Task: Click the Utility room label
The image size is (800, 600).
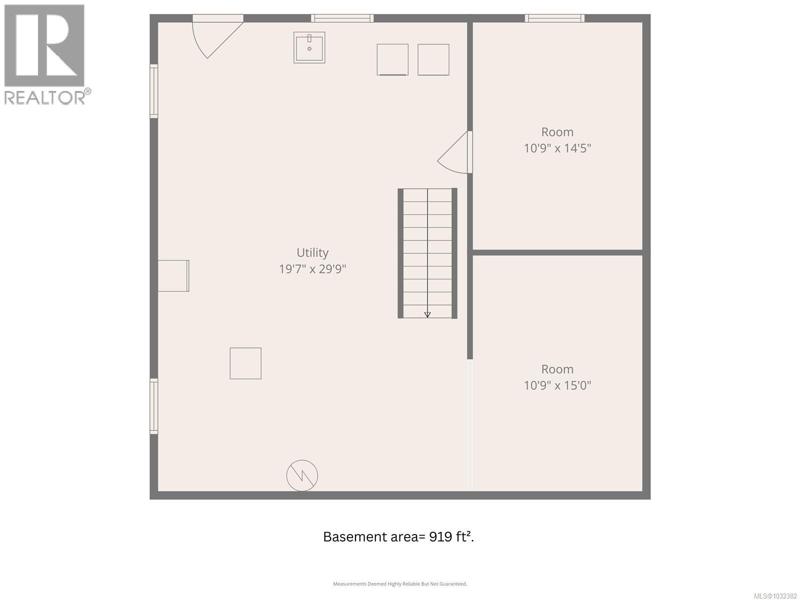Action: pyautogui.click(x=312, y=252)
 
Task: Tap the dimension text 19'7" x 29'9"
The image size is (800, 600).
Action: pyautogui.click(x=312, y=269)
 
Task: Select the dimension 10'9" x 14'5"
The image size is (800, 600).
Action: pyautogui.click(x=557, y=148)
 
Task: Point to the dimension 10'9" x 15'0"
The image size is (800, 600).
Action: pyautogui.click(x=557, y=385)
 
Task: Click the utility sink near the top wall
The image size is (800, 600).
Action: pyautogui.click(x=309, y=47)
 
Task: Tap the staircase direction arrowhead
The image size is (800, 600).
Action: pyautogui.click(x=427, y=314)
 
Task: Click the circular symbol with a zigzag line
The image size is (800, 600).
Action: pyautogui.click(x=302, y=475)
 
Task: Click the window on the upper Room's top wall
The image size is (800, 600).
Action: pyautogui.click(x=554, y=18)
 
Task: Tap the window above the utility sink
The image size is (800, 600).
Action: pyautogui.click(x=342, y=18)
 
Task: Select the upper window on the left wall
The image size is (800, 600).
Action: pyautogui.click(x=154, y=91)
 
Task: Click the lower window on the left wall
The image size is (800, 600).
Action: pyautogui.click(x=154, y=406)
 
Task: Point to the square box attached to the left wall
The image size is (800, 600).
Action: pyautogui.click(x=173, y=275)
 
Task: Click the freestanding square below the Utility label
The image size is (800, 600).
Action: pyautogui.click(x=245, y=363)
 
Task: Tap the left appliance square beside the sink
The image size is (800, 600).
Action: pyautogui.click(x=392, y=59)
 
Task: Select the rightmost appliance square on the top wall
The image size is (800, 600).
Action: pyautogui.click(x=433, y=59)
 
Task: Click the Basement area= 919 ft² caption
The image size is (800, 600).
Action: pyautogui.click(x=398, y=536)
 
